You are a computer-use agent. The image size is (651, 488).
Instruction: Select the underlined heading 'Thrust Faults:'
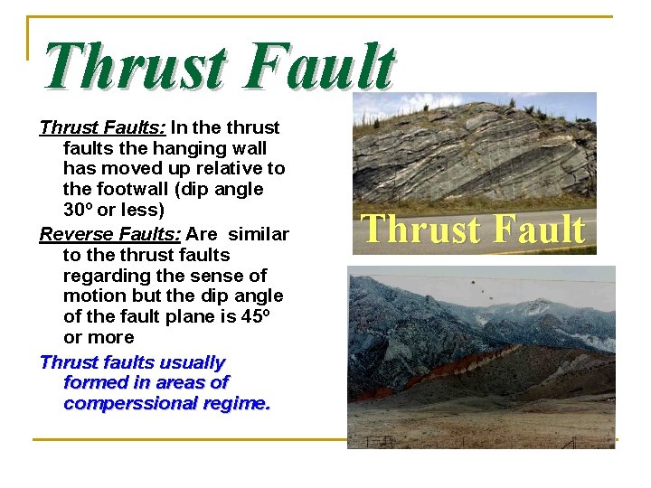pyautogui.click(x=102, y=127)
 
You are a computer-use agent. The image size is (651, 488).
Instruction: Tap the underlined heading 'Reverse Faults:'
pyautogui.click(x=109, y=234)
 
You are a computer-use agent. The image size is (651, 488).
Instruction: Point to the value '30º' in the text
pyautogui.click(x=81, y=210)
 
